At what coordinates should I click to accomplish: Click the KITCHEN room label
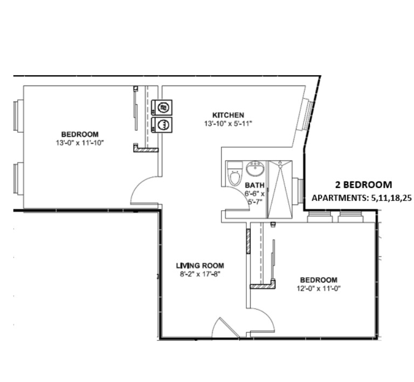(x=228, y=115)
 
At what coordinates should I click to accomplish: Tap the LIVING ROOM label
(x=199, y=265)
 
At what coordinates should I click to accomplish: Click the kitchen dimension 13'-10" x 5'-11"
(x=228, y=124)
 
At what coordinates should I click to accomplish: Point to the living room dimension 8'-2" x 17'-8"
(x=199, y=274)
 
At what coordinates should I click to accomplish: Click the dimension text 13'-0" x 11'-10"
(x=80, y=143)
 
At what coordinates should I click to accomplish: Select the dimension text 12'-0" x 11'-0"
(x=319, y=289)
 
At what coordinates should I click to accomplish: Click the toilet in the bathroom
(x=234, y=177)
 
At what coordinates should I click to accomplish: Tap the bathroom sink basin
(x=255, y=170)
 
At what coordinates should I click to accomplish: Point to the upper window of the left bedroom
(x=18, y=116)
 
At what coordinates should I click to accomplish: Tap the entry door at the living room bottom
(x=225, y=327)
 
